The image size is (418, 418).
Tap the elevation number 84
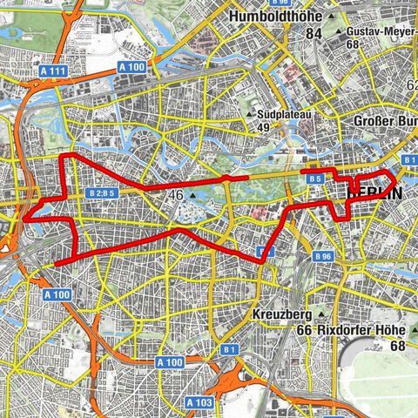313,33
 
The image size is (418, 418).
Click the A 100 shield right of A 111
130,67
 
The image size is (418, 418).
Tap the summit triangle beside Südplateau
251,114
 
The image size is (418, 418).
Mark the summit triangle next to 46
193,197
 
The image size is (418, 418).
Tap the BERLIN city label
375,193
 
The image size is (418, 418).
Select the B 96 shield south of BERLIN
323,257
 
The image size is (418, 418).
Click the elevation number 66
305,330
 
